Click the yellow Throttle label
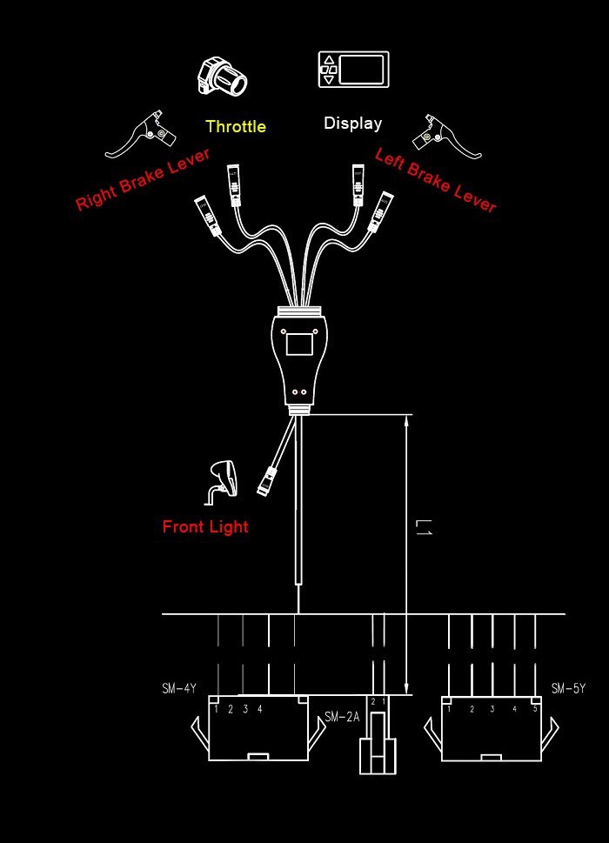point(236,126)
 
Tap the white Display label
point(352,123)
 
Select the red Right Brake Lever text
point(143,179)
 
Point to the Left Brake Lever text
point(435,180)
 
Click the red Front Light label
point(205,526)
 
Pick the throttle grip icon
point(222,77)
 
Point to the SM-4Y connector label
point(179,689)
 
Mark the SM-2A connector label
point(342,718)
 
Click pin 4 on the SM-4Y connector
point(259,709)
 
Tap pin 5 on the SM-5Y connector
point(534,709)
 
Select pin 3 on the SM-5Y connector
point(492,709)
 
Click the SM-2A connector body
point(378,744)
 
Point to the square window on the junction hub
point(300,342)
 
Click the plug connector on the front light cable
point(267,480)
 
